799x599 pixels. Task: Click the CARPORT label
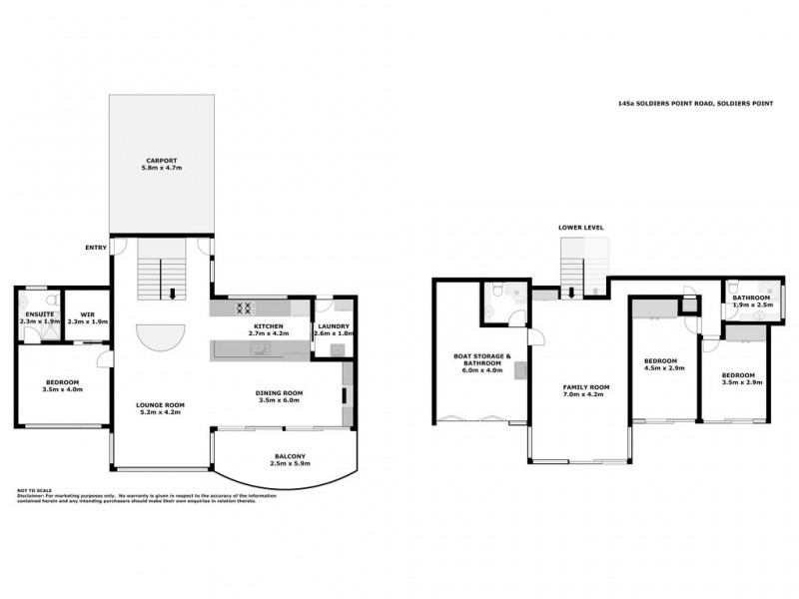161,161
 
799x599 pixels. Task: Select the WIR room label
87,314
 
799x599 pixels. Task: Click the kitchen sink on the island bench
259,348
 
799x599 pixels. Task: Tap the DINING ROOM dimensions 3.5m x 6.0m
280,399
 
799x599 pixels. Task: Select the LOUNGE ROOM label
161,404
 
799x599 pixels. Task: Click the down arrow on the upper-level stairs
175,294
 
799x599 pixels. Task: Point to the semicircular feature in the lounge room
161,336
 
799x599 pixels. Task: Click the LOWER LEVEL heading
580,228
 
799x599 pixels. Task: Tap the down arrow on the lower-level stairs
571,293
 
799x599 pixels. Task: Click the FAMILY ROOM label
585,386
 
